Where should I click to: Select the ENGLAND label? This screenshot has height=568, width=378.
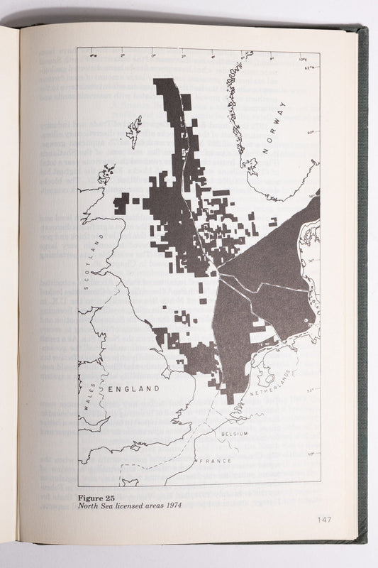pos(134,389)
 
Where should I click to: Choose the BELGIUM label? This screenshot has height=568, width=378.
pos(233,432)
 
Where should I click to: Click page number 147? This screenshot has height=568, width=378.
pos(324,520)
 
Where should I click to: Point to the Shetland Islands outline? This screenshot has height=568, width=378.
pos(134,131)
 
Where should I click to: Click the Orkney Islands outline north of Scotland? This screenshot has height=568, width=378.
pos(106,172)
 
